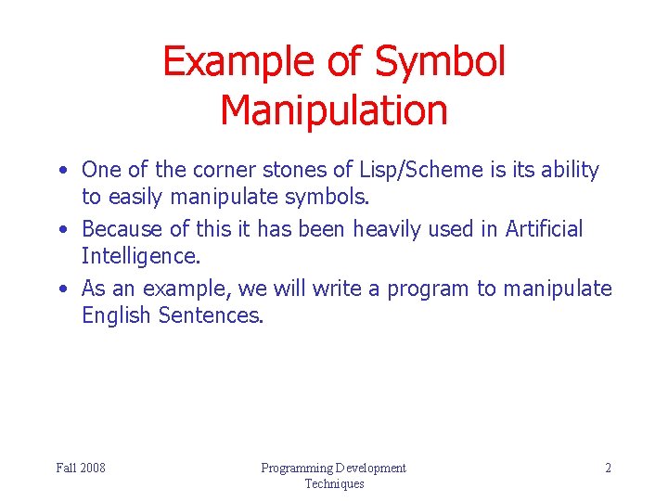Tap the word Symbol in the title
(x=440, y=62)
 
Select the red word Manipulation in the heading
(x=334, y=109)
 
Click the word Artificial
(x=544, y=229)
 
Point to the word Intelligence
(x=141, y=255)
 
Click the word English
(x=117, y=315)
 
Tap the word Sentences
(x=212, y=315)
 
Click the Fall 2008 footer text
(x=81, y=468)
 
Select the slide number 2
(x=608, y=468)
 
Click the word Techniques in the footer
(x=334, y=483)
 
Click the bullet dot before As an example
(x=60, y=289)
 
